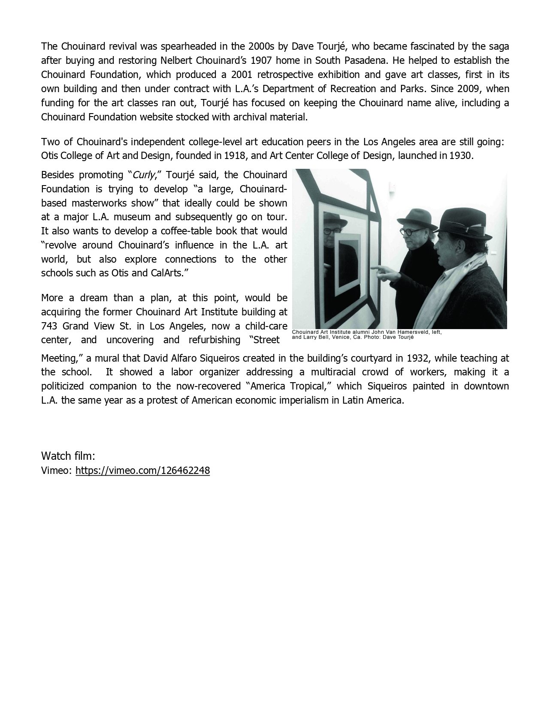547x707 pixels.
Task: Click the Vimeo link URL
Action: [x=142, y=470]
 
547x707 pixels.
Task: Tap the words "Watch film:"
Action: [x=68, y=455]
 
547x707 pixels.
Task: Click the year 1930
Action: [x=460, y=156]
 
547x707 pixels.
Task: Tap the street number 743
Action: [x=49, y=326]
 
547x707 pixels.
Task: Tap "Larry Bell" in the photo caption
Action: [x=315, y=337]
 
